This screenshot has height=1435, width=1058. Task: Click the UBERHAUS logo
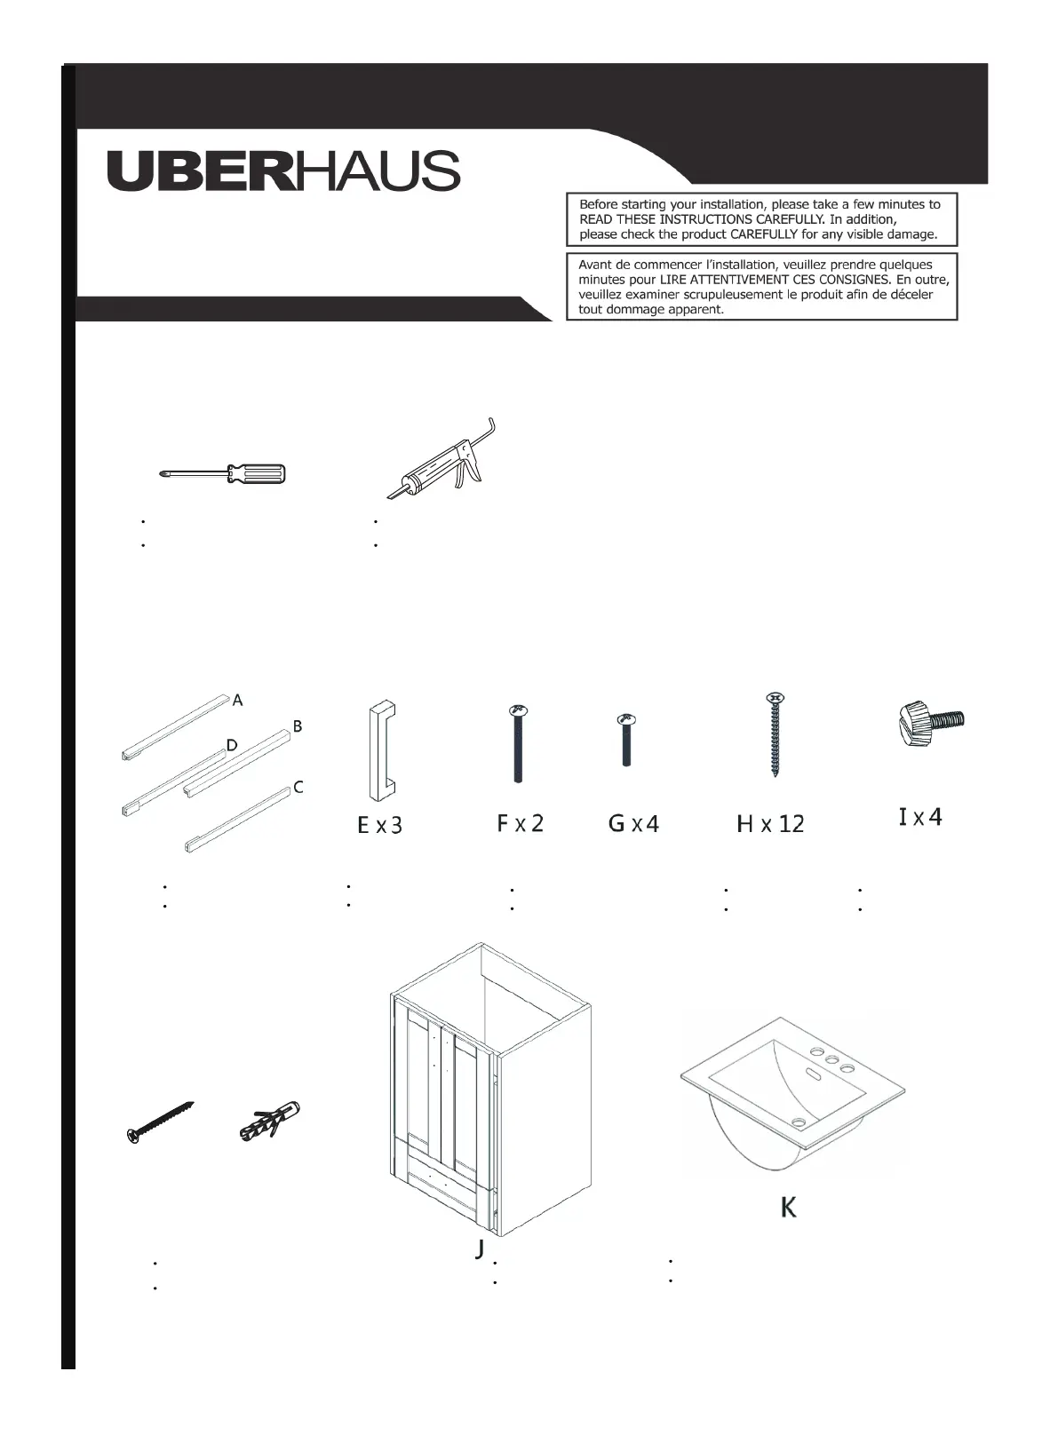coord(283,170)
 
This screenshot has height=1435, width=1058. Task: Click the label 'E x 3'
coord(379,826)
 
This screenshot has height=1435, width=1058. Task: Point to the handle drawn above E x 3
coord(381,750)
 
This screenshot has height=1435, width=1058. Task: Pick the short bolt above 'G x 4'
coord(626,740)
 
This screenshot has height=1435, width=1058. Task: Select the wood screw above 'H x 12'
coord(774,735)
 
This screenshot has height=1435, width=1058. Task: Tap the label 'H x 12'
coord(770,825)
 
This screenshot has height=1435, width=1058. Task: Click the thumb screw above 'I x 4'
coord(928,722)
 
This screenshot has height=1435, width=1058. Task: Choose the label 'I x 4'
coord(920,817)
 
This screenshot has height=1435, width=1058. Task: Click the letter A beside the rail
coord(237,702)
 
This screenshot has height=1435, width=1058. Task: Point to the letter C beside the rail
coord(298,788)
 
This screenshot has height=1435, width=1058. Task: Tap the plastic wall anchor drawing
coord(271,1121)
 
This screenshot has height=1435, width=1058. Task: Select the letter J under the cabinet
coord(480,1249)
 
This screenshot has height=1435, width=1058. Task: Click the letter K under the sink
coord(788,1208)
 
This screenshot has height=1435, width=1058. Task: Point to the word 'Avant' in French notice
coord(596,265)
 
